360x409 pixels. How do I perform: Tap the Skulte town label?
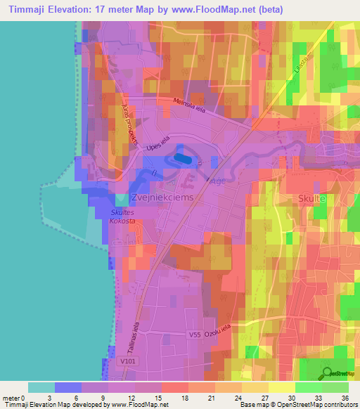tap(311, 199)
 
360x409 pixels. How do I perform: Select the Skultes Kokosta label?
tap(123, 216)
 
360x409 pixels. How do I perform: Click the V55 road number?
tap(195, 336)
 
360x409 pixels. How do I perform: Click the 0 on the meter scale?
tap(26, 397)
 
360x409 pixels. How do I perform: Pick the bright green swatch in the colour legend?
tap(308, 387)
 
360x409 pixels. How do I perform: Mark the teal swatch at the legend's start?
tap(41, 387)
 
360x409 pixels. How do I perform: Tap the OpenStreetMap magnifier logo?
tap(325, 373)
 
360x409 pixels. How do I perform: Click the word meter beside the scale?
tap(12, 397)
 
